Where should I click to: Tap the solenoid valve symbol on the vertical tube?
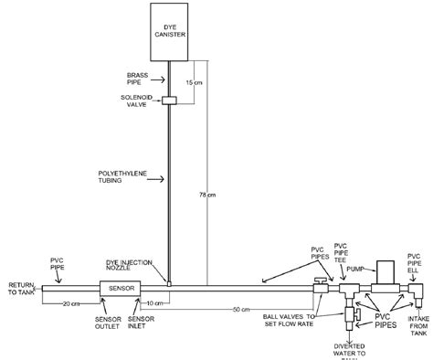pyautogui.click(x=170, y=100)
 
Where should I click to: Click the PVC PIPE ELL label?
pyautogui.click(x=414, y=259)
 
